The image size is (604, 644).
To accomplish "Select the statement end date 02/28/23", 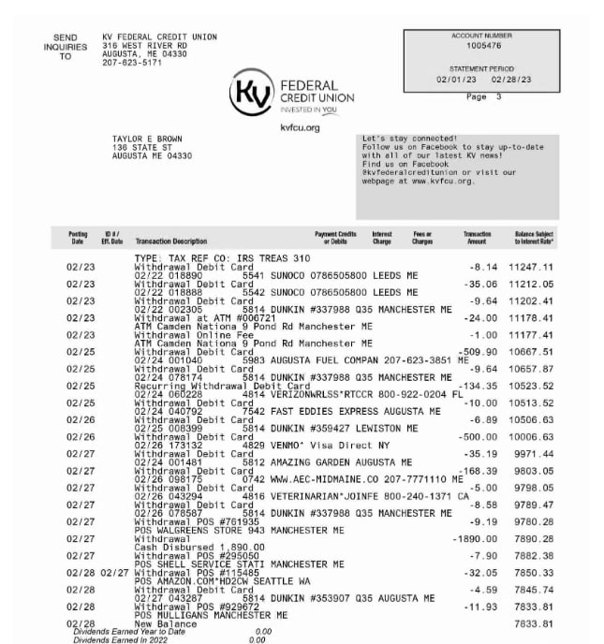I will pos(513,80).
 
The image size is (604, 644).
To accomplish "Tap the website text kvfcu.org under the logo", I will pos(300,127).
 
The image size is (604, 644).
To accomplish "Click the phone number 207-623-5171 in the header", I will pos(132,63).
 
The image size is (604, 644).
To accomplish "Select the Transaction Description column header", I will pos(171,241).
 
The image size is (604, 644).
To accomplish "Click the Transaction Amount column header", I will pos(477,238).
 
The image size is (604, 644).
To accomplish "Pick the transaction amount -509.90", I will pos(479,352).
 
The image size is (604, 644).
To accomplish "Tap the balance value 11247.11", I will pos(531,267).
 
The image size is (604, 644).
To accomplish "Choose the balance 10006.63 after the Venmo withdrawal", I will pos(531,437).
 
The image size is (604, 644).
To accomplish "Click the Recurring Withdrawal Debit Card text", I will pos(222,386).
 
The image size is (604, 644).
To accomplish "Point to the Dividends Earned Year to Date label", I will pos(123,631).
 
